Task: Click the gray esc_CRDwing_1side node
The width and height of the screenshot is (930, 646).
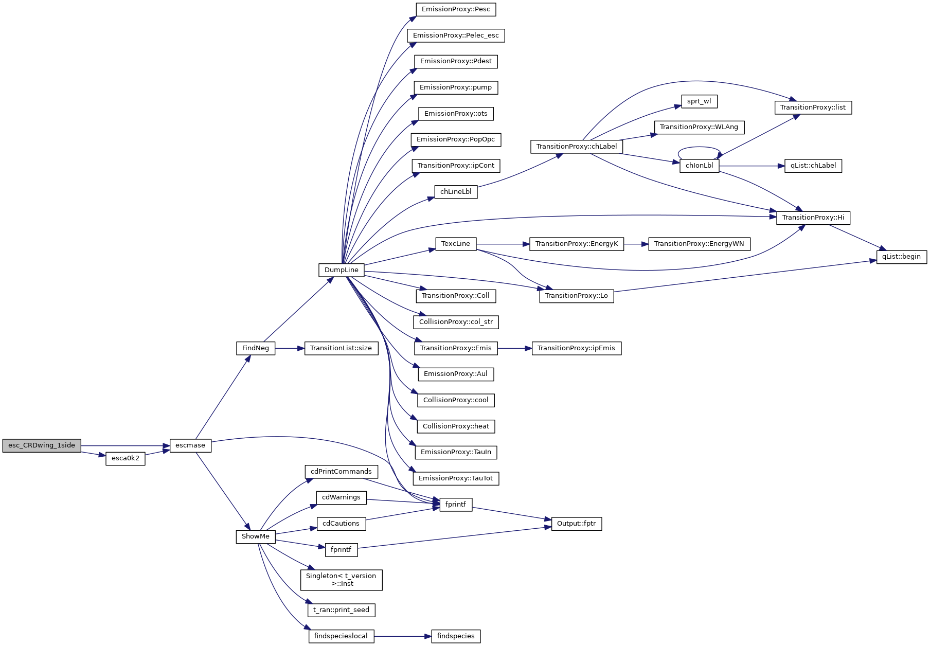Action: (42, 445)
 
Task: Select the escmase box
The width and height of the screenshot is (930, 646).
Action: (190, 445)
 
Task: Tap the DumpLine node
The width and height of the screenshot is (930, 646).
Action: (341, 270)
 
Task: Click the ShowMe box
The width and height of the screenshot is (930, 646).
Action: (256, 536)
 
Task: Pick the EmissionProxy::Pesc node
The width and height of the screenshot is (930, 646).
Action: (456, 9)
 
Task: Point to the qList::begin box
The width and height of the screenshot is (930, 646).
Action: (901, 257)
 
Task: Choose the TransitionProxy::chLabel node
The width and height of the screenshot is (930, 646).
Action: (576, 147)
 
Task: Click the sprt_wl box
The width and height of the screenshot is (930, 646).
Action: (699, 101)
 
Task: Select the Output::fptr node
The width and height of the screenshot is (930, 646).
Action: (576, 524)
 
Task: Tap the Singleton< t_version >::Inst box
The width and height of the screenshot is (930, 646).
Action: (341, 580)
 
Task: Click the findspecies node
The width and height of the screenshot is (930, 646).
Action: (456, 636)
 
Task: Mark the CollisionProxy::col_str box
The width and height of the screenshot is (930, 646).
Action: (456, 322)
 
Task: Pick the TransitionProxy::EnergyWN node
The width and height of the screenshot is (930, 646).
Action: (699, 244)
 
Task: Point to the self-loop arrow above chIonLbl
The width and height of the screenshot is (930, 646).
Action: (699, 148)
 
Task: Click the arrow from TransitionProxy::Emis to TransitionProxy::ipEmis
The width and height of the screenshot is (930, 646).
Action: (514, 348)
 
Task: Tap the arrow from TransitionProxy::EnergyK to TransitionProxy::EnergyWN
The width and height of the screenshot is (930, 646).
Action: (636, 244)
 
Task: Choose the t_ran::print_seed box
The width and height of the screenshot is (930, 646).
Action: (341, 610)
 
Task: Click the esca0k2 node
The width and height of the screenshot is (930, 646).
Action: (126, 458)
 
